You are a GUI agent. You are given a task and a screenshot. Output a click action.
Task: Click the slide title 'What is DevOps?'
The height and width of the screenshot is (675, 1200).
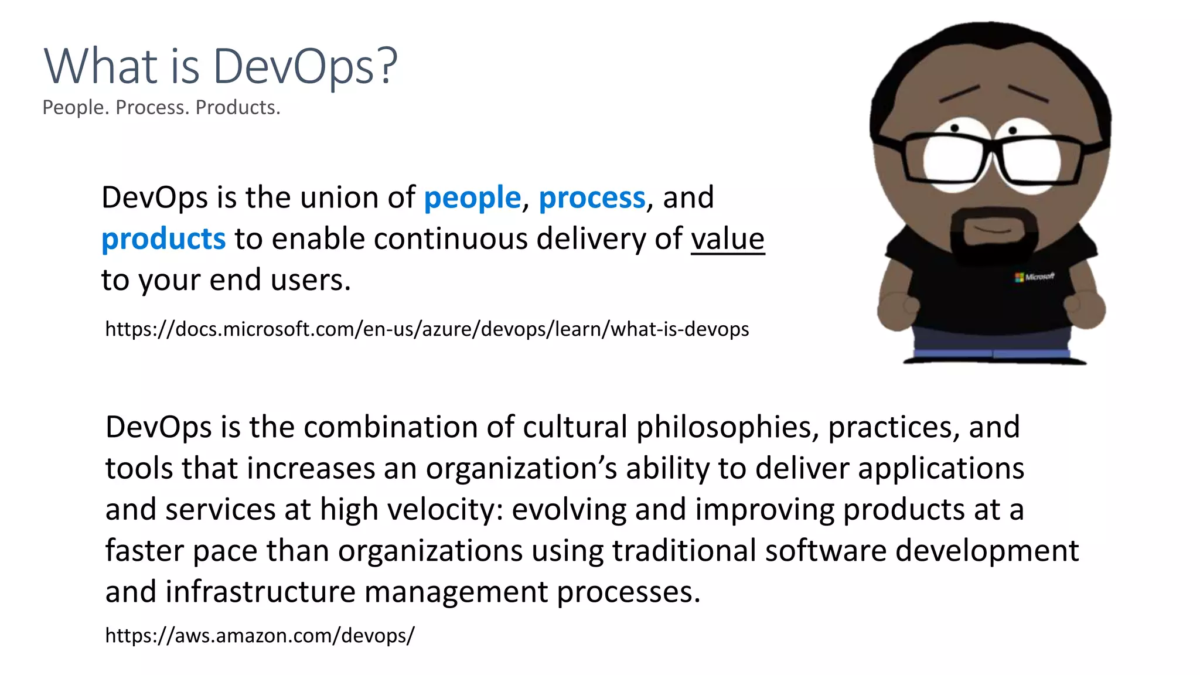pyautogui.click(x=220, y=66)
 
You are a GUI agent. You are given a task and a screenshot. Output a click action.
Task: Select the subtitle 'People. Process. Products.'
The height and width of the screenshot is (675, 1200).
pyautogui.click(x=161, y=108)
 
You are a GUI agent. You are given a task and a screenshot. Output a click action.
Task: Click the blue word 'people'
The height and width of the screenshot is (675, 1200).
pyautogui.click(x=472, y=197)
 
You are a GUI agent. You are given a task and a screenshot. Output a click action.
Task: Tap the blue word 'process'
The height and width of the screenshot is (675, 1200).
pyautogui.click(x=592, y=197)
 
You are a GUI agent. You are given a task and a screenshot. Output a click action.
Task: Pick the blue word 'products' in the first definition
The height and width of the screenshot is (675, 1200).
pyautogui.click(x=163, y=239)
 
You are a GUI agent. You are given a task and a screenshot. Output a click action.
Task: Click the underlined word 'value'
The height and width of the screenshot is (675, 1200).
pyautogui.click(x=728, y=239)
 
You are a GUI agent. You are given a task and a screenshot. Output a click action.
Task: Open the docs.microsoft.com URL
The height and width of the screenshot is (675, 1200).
pyautogui.click(x=427, y=329)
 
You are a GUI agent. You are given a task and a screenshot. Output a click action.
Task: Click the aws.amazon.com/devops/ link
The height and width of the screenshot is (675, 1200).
pyautogui.click(x=260, y=635)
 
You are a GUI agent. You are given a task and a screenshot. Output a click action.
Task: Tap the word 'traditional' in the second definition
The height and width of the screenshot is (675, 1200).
pyautogui.click(x=684, y=551)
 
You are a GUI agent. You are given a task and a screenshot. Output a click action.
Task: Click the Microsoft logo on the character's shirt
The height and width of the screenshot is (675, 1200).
pyautogui.click(x=1034, y=277)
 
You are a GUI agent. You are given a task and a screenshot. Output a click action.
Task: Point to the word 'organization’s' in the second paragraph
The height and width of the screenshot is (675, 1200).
pyautogui.click(x=521, y=468)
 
